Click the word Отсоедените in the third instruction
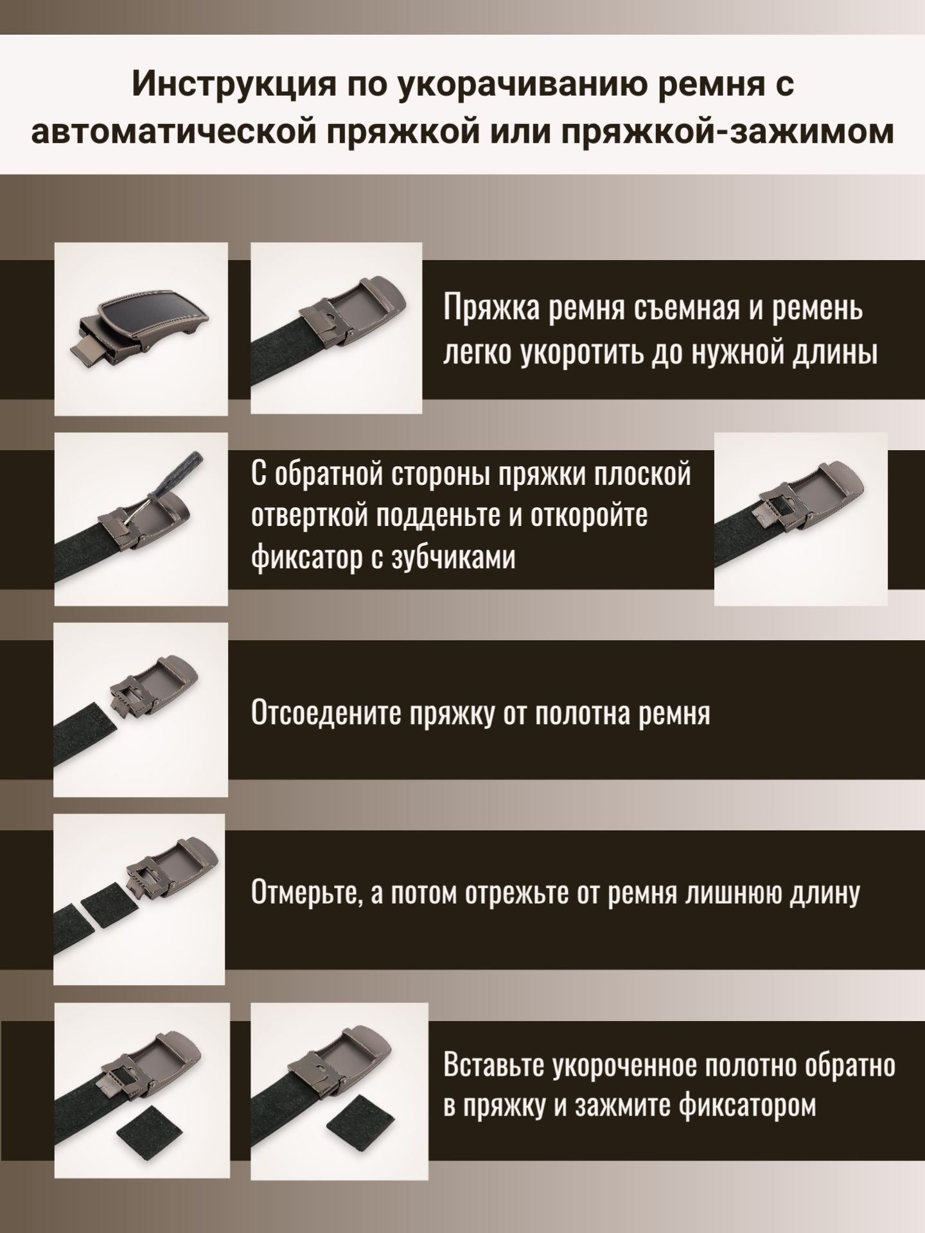click(x=326, y=714)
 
